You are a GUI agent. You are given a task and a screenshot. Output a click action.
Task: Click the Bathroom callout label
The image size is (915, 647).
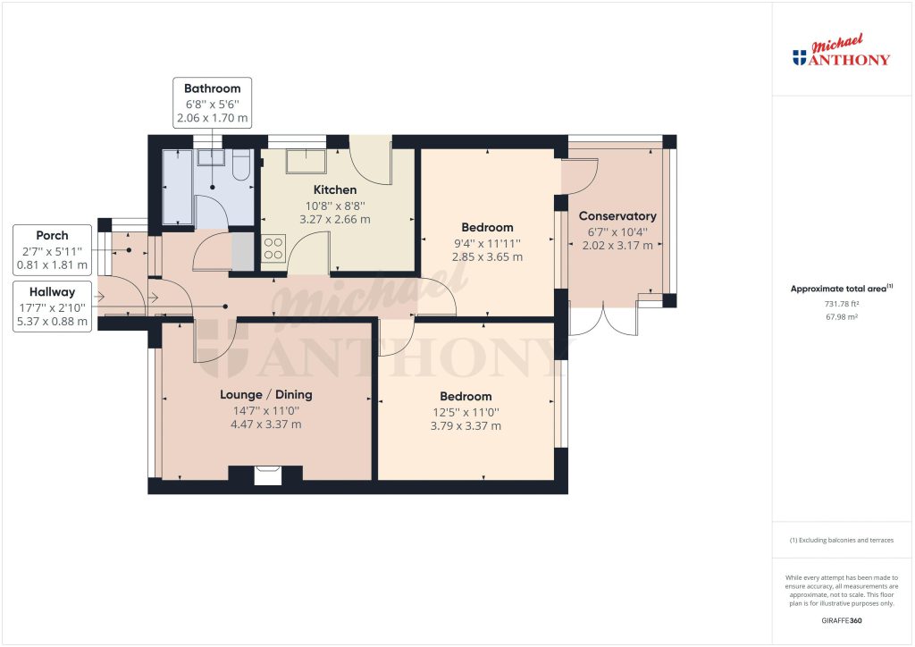tap(212, 103)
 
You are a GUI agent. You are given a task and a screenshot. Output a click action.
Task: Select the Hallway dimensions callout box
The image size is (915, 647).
tap(52, 307)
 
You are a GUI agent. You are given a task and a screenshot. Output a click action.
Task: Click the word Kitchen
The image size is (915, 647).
tap(335, 189)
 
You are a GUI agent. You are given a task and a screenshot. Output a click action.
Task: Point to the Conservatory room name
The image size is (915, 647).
tap(617, 216)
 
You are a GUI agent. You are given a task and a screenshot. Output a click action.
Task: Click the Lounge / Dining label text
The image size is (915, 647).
tap(266, 394)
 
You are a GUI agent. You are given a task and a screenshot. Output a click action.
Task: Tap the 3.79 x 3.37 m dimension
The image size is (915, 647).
tap(466, 426)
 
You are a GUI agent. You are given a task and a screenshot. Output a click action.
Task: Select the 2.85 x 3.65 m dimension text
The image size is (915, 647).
tap(487, 256)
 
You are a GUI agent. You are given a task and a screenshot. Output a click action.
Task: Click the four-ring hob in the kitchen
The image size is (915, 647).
tap(273, 248)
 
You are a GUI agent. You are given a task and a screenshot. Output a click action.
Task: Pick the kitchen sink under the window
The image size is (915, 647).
tap(306, 162)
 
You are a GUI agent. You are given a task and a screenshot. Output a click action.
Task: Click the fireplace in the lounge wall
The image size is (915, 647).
tap(266, 475)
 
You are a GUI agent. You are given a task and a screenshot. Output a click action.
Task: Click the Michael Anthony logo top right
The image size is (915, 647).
tap(842, 53)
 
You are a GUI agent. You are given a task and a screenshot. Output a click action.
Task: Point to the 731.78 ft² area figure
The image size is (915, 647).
tap(842, 304)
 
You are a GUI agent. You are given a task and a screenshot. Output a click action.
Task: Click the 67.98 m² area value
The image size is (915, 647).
tap(842, 316)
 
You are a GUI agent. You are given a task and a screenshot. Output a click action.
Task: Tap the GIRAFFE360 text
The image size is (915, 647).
tap(842, 620)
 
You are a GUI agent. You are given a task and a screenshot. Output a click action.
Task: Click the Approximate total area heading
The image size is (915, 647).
tap(840, 289)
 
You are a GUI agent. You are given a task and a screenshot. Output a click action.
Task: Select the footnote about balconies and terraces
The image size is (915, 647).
tap(842, 541)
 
